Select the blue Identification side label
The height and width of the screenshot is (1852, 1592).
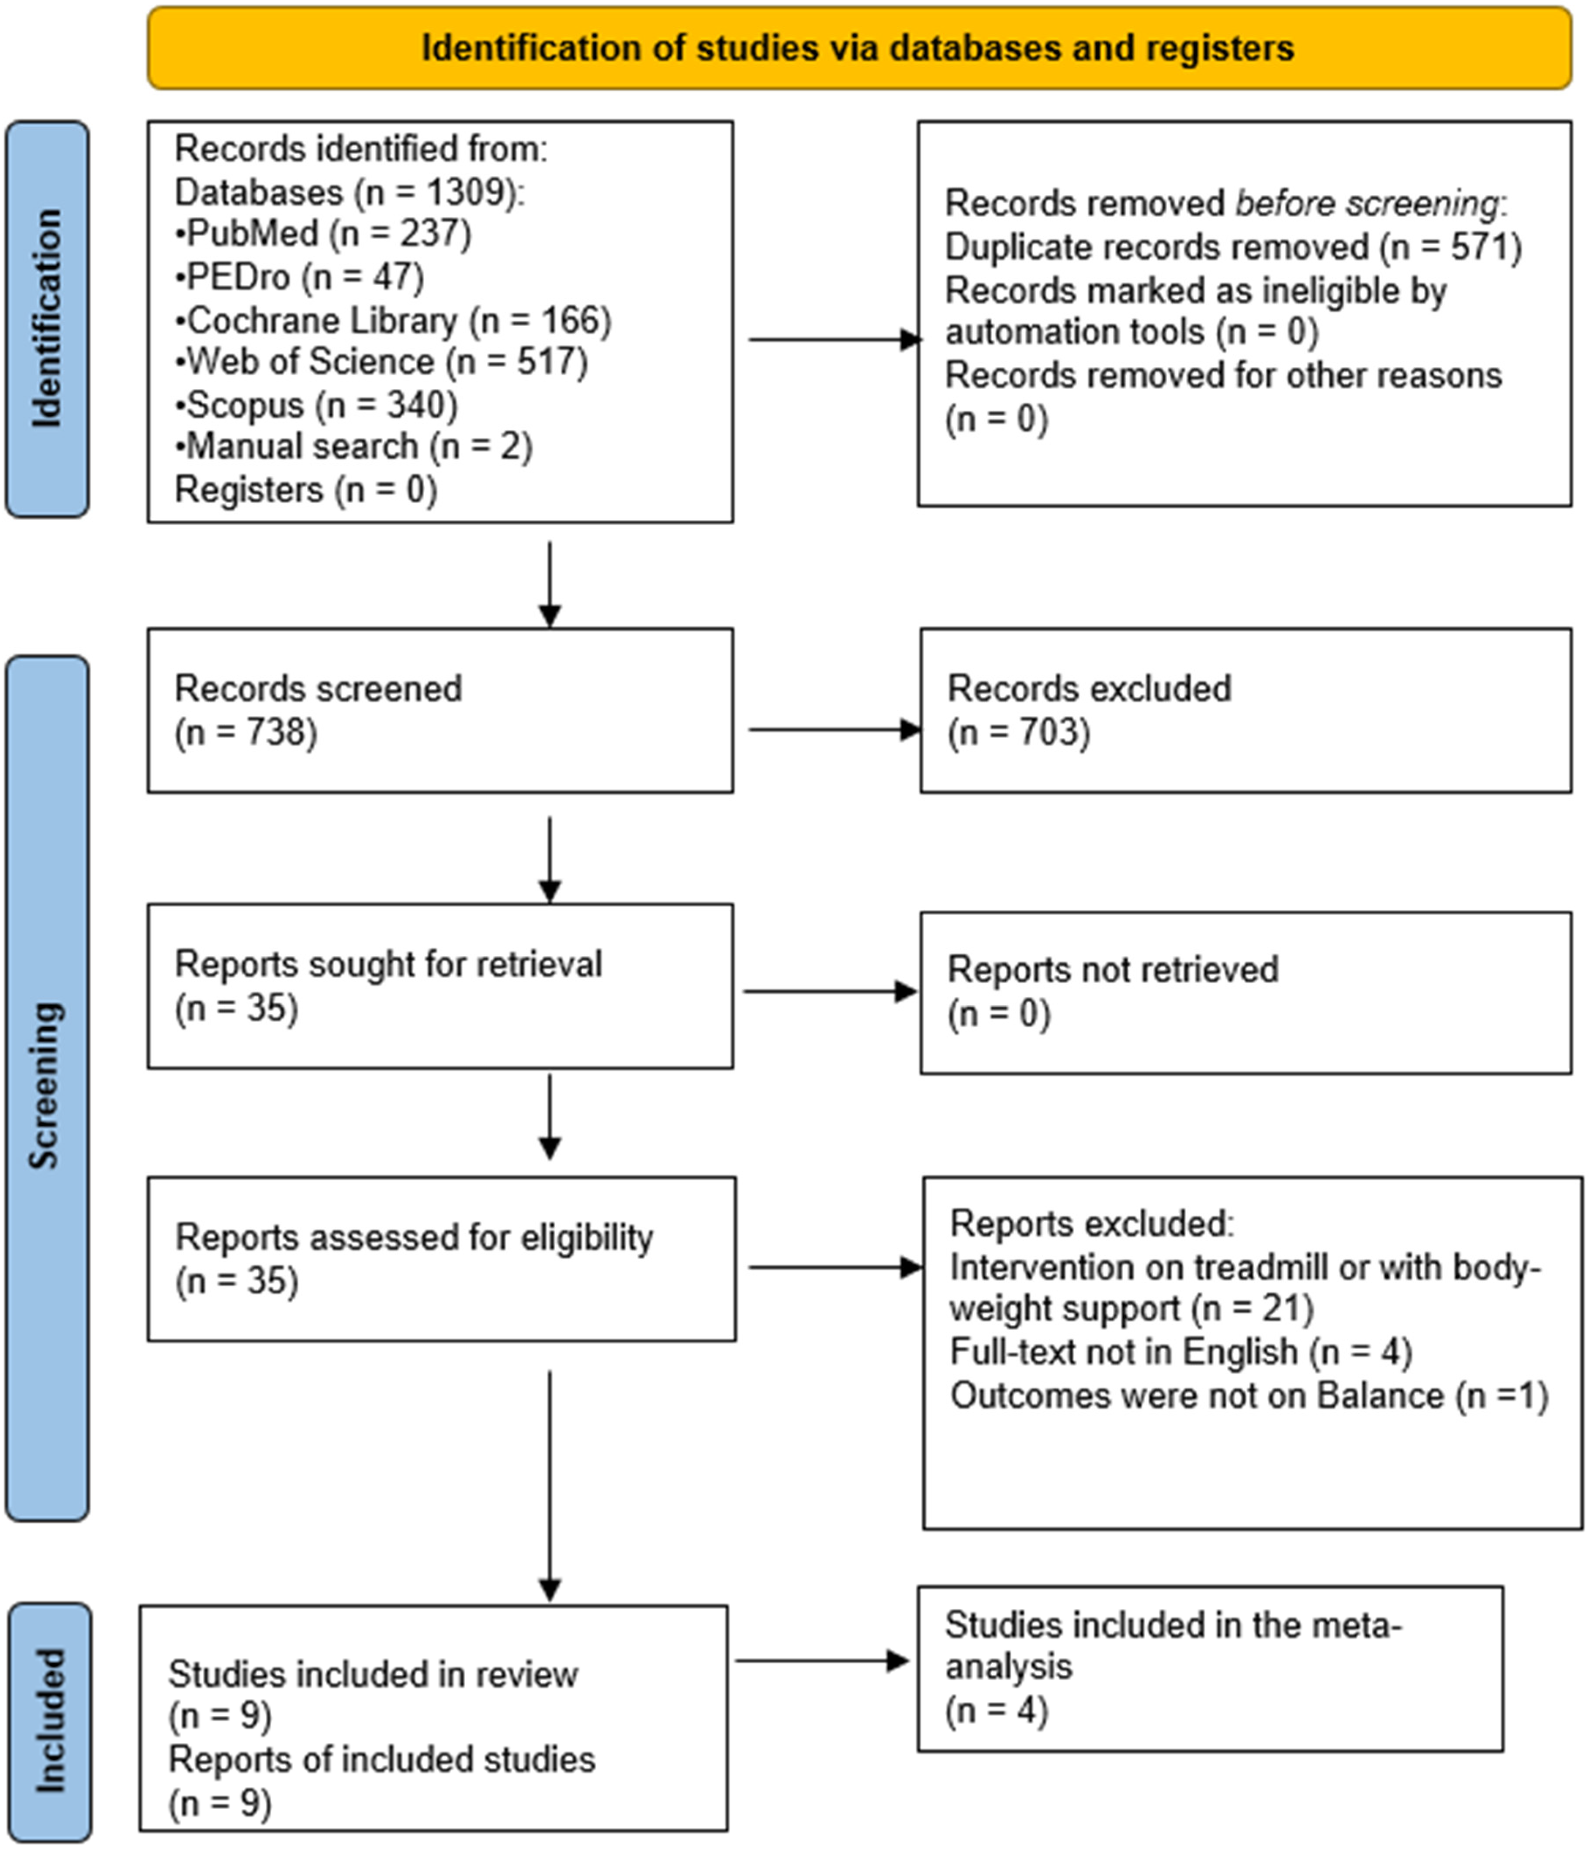47,319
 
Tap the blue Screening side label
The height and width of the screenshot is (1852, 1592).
47,1088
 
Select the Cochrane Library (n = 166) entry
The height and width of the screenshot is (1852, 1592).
393,320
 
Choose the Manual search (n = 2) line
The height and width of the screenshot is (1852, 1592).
354,446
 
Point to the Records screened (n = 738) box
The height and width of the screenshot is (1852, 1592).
440,711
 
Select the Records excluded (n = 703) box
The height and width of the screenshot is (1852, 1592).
1245,711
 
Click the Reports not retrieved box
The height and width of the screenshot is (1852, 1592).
1245,992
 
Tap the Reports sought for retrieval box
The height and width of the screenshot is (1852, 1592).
440,986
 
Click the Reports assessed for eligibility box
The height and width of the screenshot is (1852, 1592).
442,1258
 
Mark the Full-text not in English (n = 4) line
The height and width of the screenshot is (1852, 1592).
1180,1351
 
